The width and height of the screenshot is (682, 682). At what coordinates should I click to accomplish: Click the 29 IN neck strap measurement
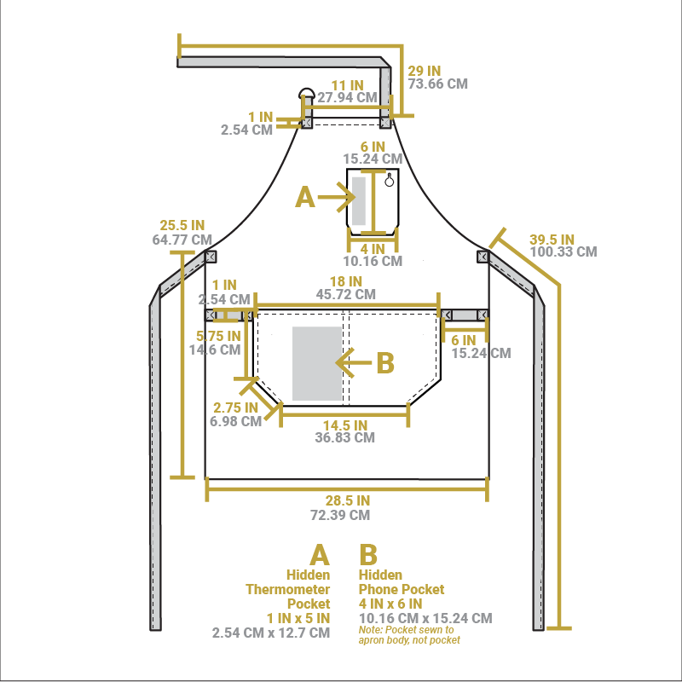tap(424, 71)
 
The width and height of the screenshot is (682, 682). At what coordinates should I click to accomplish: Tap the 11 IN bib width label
tap(348, 85)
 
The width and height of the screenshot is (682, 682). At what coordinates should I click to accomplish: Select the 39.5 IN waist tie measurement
tap(552, 240)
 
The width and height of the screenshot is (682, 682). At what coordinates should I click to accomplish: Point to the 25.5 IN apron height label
tap(182, 225)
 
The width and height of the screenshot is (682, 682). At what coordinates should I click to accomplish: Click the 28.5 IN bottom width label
tap(348, 500)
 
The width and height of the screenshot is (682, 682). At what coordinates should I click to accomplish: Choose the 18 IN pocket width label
tap(346, 281)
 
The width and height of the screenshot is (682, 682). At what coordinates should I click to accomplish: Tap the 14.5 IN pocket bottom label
tap(345, 425)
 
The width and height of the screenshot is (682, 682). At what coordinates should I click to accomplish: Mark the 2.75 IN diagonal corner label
tap(235, 407)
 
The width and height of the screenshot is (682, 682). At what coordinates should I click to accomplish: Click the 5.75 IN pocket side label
tap(218, 336)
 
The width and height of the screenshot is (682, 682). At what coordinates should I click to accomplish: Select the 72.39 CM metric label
tap(340, 515)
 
